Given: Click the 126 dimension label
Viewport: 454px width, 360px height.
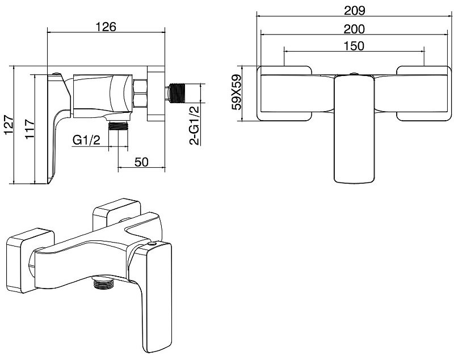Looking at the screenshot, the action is (106, 27).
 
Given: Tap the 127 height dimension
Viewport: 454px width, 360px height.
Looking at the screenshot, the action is (9, 125).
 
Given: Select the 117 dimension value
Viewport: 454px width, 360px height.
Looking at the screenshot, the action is (30, 129).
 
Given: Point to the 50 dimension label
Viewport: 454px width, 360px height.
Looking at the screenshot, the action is (141, 162).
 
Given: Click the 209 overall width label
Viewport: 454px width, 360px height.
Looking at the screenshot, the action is (354, 11).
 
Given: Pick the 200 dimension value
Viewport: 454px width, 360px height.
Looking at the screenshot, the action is (354, 29).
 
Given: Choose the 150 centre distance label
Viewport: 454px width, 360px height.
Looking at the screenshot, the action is (354, 46).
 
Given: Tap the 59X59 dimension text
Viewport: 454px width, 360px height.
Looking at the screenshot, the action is (236, 92).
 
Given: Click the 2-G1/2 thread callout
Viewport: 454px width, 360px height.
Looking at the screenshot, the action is (194, 125).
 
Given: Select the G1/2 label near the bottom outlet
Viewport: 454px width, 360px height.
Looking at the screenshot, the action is (86, 140).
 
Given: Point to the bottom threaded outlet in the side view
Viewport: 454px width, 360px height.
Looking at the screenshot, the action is (118, 126).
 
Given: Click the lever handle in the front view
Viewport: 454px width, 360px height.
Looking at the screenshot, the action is (354, 129).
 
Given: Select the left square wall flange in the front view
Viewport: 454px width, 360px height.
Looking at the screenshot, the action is (284, 93).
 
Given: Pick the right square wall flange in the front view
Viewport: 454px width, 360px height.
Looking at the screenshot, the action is (424, 93).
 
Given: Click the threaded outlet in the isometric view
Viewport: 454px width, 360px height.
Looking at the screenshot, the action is (103, 283).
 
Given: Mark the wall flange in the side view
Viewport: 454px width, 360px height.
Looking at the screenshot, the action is (156, 94).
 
